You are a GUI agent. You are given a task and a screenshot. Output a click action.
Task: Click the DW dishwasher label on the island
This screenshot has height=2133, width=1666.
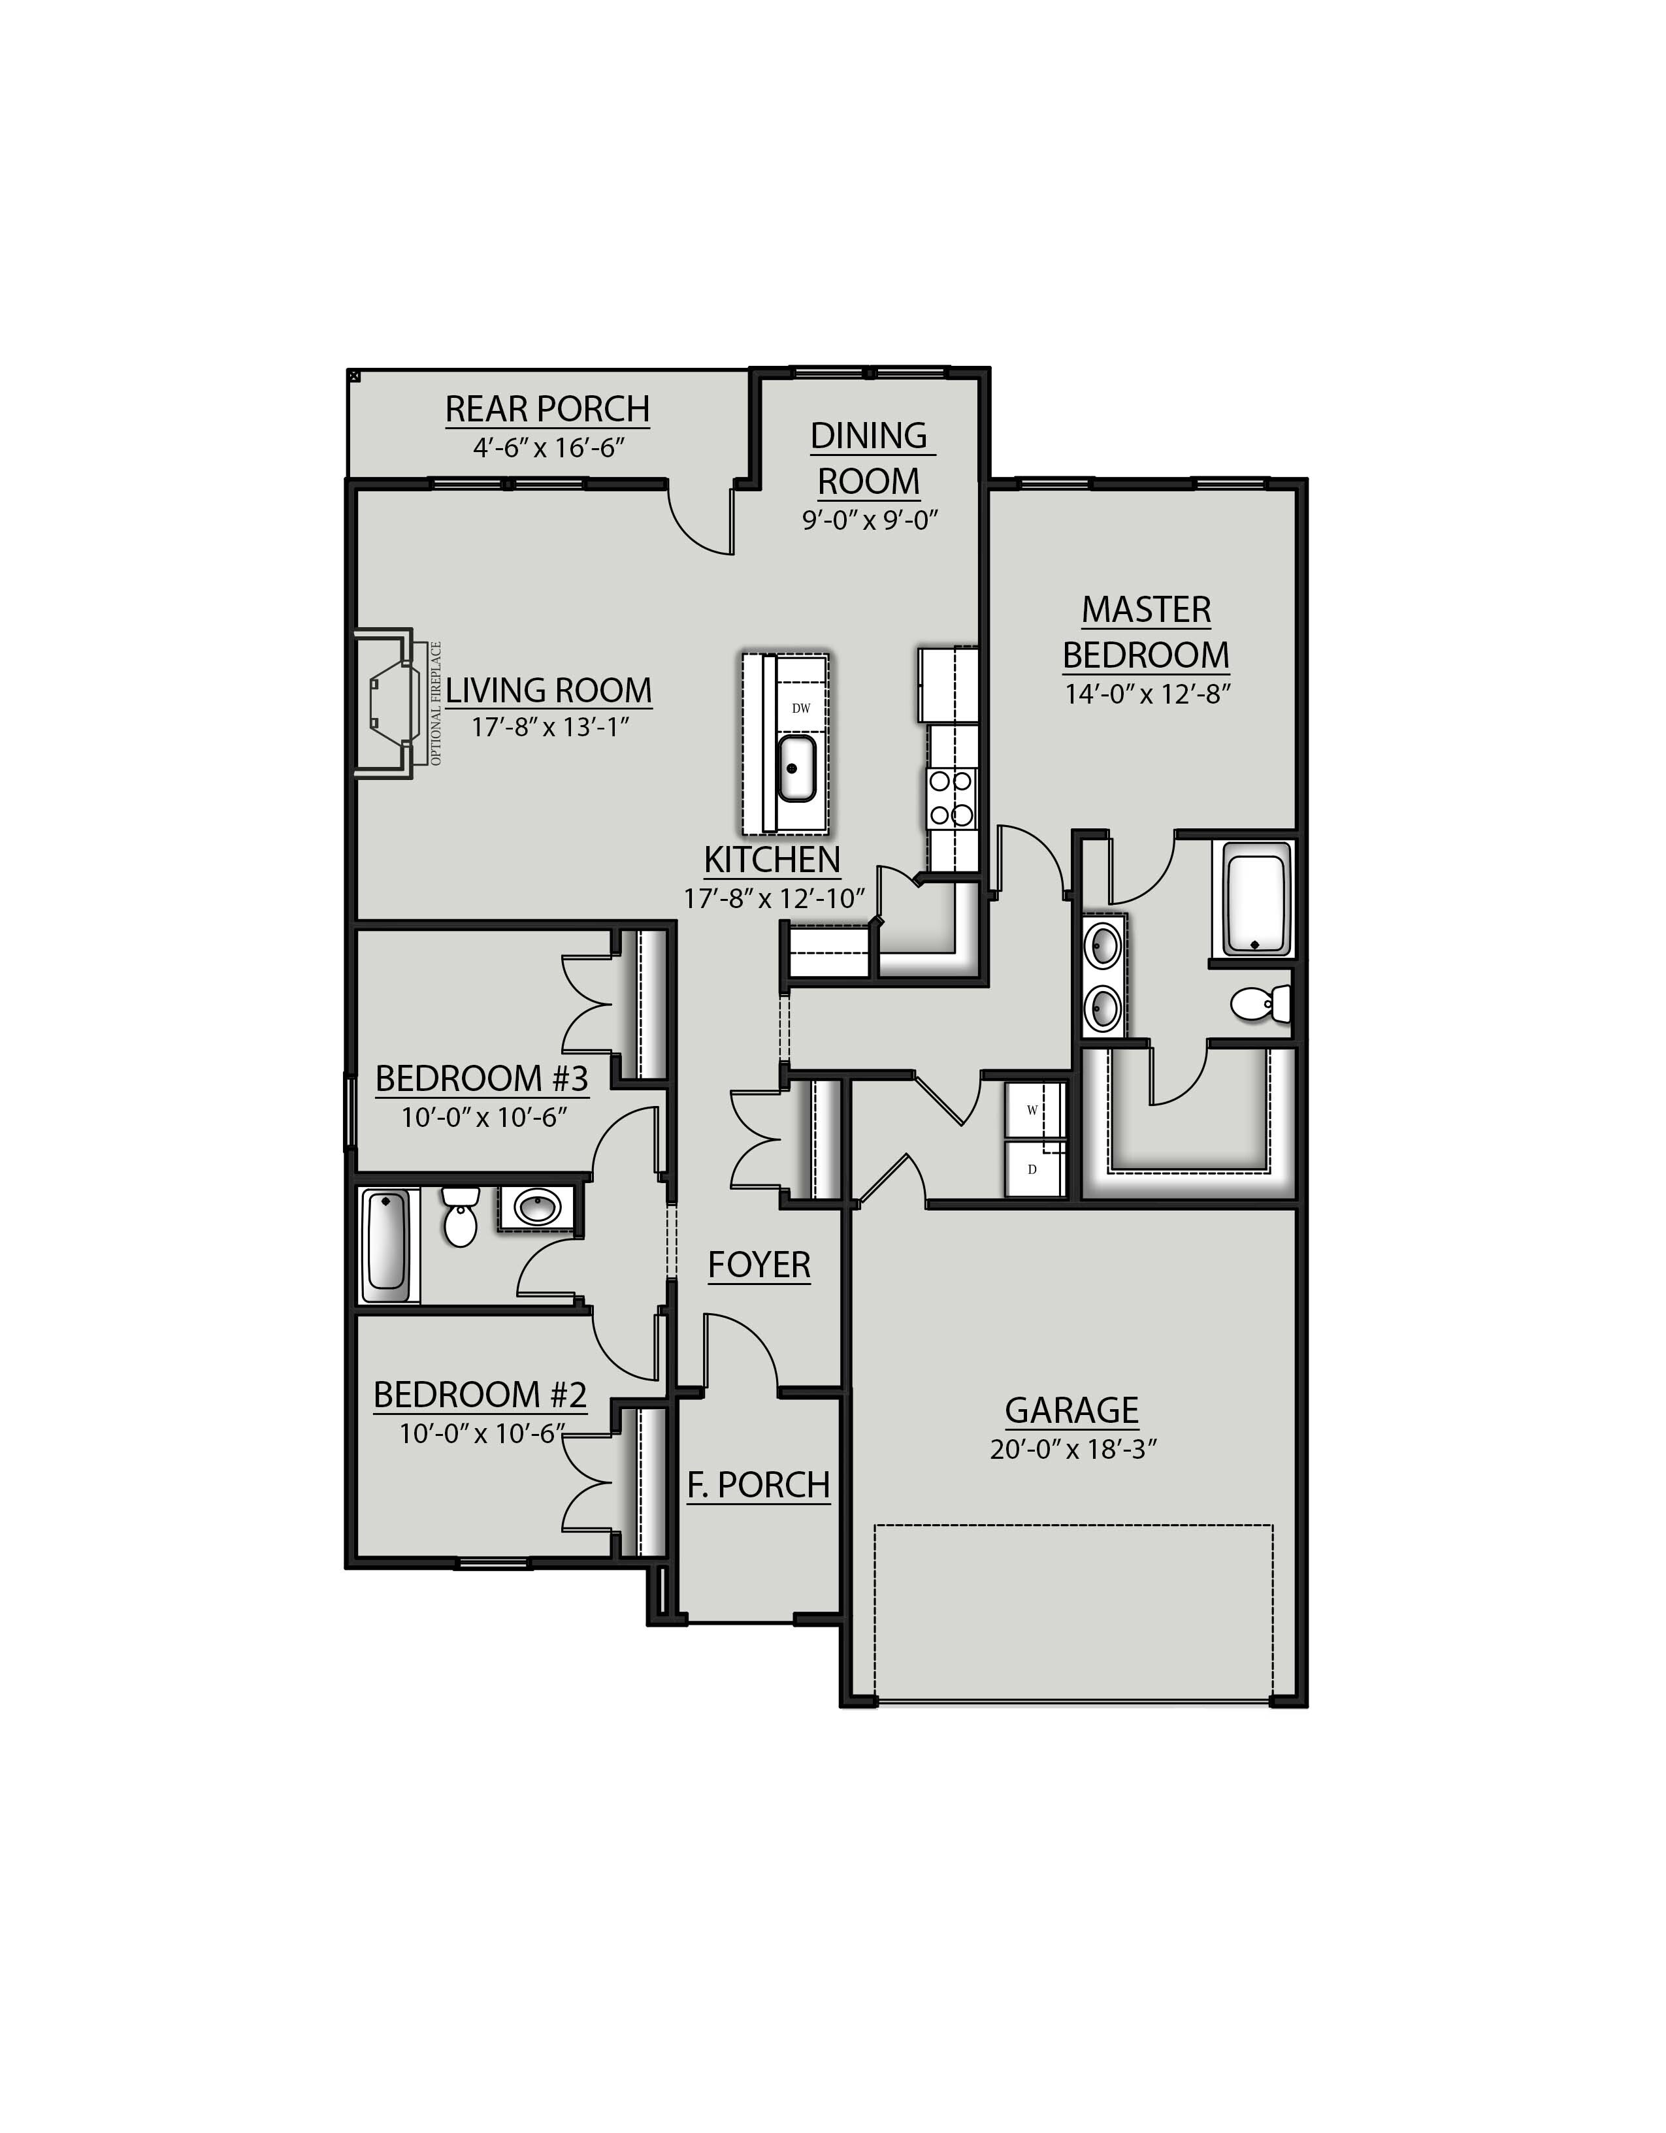point(801,708)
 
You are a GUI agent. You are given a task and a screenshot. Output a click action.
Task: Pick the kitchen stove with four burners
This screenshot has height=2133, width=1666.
point(951,797)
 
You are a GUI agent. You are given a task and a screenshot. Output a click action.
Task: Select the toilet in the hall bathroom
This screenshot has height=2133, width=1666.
point(459,1216)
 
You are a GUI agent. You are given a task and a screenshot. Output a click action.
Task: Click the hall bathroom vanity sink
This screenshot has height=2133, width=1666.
point(537,1209)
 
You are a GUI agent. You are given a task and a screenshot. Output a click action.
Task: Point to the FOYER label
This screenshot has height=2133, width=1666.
point(759,1265)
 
